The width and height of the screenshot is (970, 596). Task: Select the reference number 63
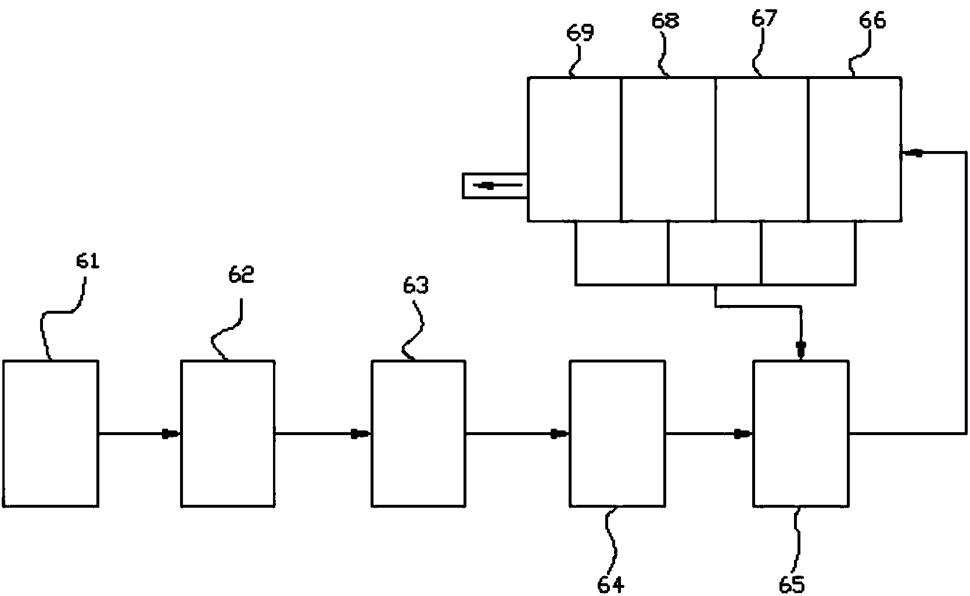pyautogui.click(x=416, y=286)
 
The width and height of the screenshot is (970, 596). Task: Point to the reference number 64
pyautogui.click(x=610, y=583)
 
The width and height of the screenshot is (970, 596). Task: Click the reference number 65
pyautogui.click(x=793, y=583)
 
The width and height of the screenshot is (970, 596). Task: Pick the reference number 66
pyautogui.click(x=872, y=21)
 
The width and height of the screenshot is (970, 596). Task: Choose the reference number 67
pyautogui.click(x=764, y=19)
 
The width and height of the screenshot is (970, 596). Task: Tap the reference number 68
pyautogui.click(x=666, y=21)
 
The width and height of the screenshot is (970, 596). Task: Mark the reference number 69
pyautogui.click(x=580, y=33)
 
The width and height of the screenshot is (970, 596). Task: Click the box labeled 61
pyautogui.click(x=51, y=433)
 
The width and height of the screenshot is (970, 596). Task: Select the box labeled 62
pyautogui.click(x=228, y=433)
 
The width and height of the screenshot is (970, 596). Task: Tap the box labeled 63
pyautogui.click(x=418, y=433)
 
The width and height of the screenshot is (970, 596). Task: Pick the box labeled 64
pyautogui.click(x=617, y=433)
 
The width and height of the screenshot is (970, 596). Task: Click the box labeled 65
pyautogui.click(x=801, y=433)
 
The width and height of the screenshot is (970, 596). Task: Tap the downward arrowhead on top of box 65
pyautogui.click(x=801, y=351)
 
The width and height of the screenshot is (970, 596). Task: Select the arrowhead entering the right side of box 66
pyautogui.click(x=914, y=153)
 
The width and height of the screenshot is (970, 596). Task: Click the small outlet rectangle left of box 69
pyautogui.click(x=495, y=186)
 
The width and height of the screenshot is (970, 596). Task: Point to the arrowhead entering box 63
pyautogui.click(x=361, y=433)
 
